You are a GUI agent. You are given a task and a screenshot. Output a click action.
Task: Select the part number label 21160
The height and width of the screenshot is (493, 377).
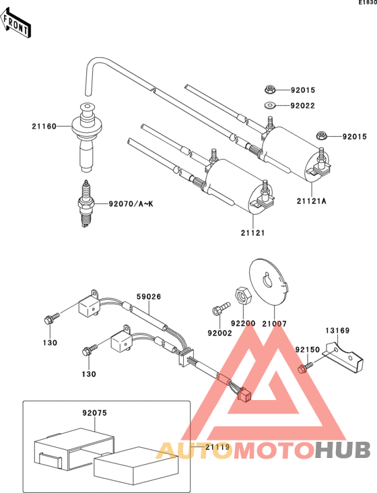coord(42,126)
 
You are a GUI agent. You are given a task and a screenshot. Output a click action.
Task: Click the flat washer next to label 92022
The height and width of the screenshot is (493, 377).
coord(270,105)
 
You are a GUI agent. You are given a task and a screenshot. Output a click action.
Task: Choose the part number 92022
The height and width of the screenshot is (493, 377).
coord(303,106)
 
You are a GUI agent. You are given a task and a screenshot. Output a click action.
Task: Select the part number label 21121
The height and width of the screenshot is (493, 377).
coord(252,232)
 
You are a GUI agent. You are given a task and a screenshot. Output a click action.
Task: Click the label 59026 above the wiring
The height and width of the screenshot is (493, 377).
coord(149,296)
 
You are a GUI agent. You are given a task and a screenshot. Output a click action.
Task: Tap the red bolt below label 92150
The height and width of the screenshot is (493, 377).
coord(304,368)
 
